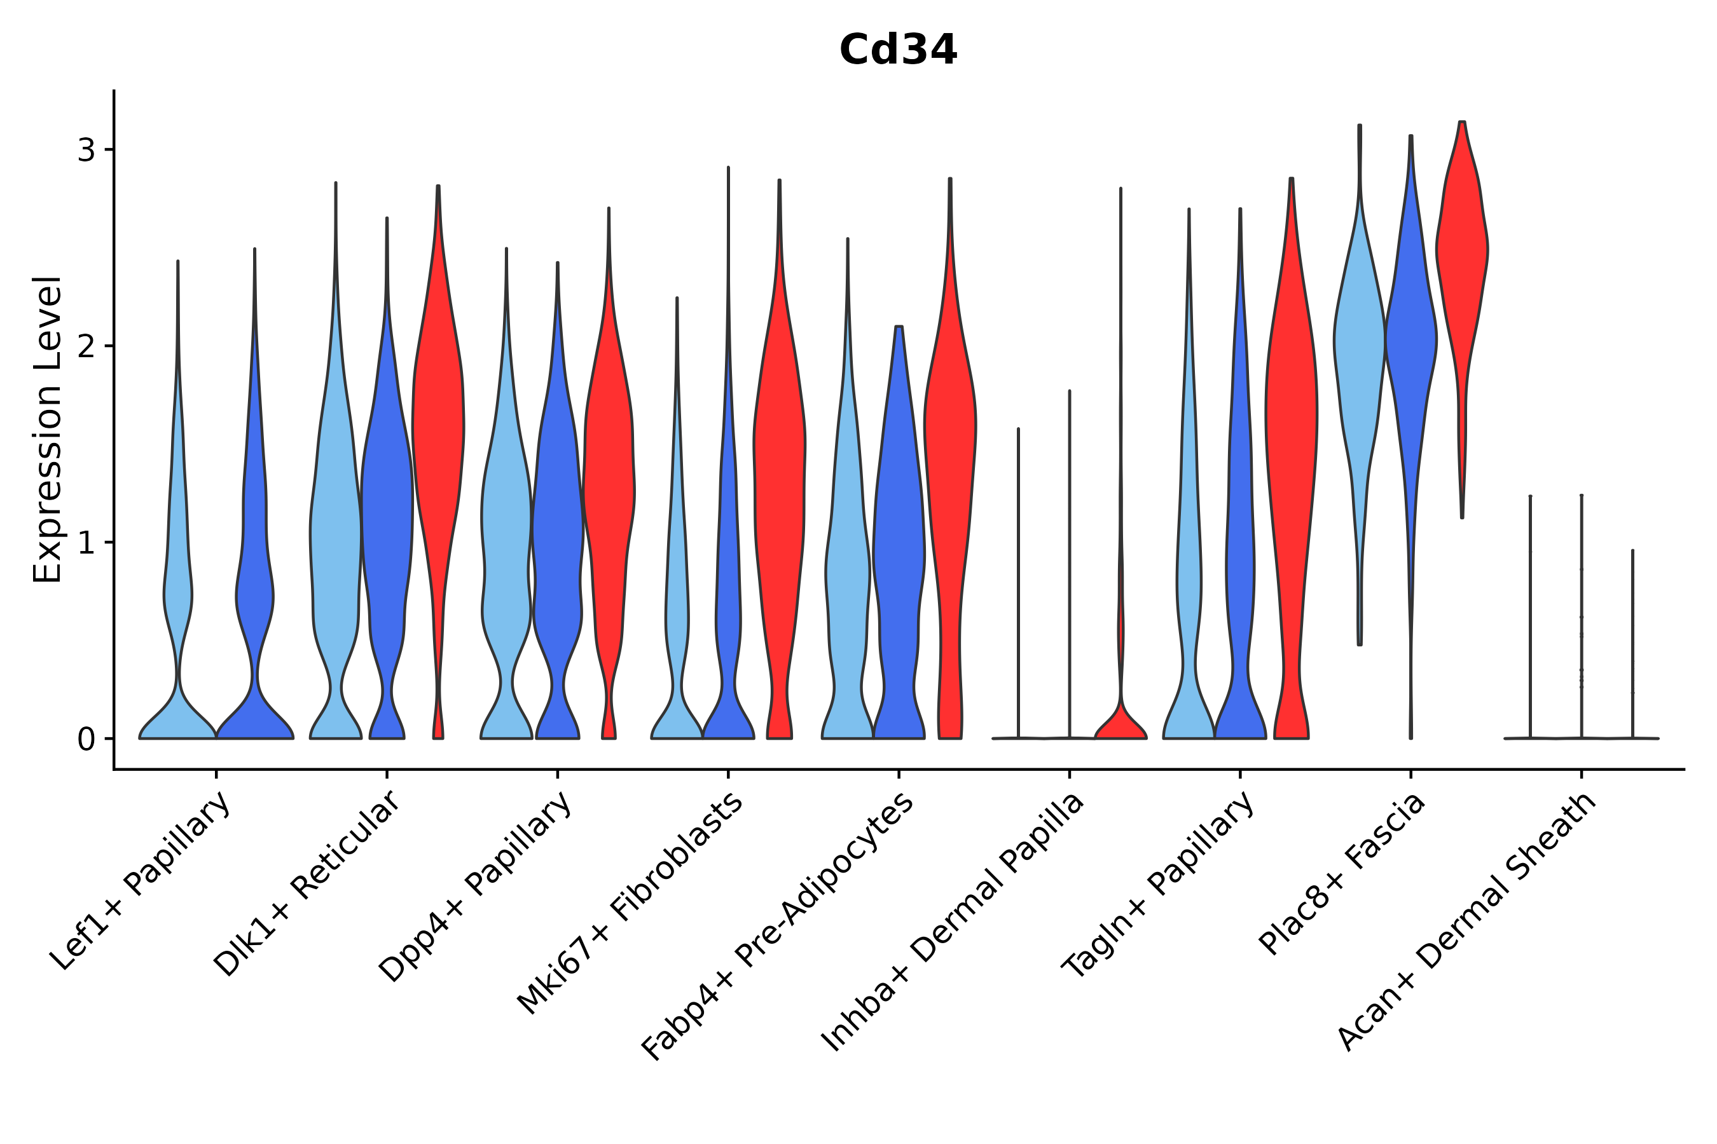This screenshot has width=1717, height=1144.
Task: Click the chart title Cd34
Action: (x=897, y=50)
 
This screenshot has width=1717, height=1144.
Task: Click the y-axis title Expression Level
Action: (x=48, y=430)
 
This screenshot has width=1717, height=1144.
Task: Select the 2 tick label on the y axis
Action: (x=86, y=346)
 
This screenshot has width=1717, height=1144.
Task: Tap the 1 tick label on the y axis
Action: (x=86, y=543)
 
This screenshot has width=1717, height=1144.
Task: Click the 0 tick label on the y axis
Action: (x=86, y=739)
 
